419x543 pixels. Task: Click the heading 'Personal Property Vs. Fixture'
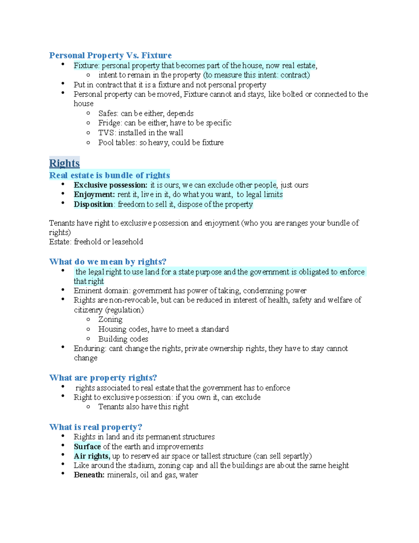110,55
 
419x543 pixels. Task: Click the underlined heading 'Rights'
64,163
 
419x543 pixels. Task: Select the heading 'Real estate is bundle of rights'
109,175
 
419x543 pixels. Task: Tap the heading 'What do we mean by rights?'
108,262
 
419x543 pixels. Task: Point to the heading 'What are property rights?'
103,378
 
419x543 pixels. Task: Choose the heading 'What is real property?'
96,427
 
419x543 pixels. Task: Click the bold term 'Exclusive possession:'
111,185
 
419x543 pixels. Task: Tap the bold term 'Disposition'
93,204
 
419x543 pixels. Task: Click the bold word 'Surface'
87,446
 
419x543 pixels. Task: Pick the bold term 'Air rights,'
92,456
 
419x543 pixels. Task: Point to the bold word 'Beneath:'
89,475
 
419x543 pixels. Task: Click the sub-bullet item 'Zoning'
110,319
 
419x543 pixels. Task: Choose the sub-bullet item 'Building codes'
123,339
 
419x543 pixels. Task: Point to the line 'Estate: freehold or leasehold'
96,242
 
